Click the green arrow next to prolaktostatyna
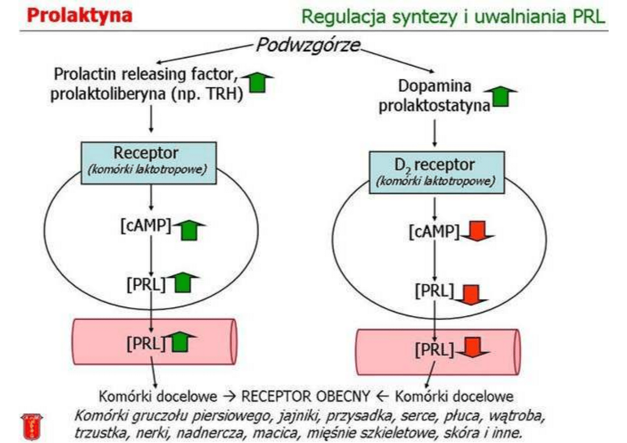click(499, 97)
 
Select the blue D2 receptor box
click(436, 171)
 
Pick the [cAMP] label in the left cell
click(145, 226)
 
